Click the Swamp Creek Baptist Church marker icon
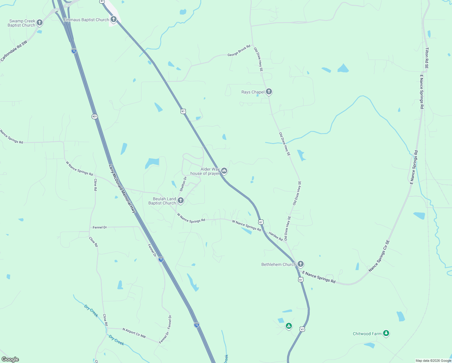click(39, 23)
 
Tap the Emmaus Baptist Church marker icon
click(113, 20)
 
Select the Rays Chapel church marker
click(269, 92)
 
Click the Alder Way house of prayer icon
click(224, 171)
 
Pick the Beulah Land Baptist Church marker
click(180, 201)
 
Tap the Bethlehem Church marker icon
click(300, 264)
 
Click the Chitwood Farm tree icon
click(386, 333)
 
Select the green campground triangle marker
click(289, 326)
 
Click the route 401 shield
click(95, 116)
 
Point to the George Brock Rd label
click(239, 51)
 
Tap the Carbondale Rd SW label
click(14, 51)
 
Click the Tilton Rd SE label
click(427, 58)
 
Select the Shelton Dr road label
click(183, 184)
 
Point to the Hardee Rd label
click(276, 237)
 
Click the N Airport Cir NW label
click(134, 333)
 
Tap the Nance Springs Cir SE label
click(379, 256)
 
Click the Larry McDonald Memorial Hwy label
click(122, 189)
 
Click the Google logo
click(10, 359)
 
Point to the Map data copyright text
click(433, 361)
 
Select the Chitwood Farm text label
click(367, 334)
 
